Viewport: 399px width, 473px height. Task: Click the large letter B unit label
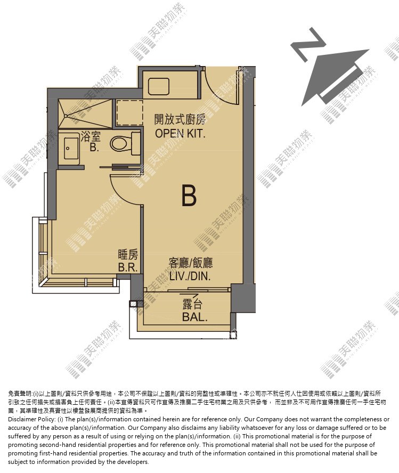tap(189, 196)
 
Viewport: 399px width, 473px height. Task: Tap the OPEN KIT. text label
tap(180, 133)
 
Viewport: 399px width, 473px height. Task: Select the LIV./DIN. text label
tap(190, 276)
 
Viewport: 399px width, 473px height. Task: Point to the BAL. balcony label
tap(195, 317)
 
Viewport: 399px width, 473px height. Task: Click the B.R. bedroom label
tap(128, 267)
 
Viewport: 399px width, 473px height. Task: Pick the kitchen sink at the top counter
tap(159, 86)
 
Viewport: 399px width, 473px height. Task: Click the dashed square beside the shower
tap(129, 112)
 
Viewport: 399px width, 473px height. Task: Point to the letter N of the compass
tap(308, 45)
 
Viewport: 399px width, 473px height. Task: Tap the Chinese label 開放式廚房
tap(180, 119)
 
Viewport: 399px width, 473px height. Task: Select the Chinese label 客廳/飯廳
tap(191, 263)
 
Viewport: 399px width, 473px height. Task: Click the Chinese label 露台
tap(192, 304)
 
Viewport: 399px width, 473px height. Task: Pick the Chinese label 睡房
tap(128, 255)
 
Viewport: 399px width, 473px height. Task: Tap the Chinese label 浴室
tap(91, 137)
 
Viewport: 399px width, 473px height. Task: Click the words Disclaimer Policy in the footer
tap(31, 419)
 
